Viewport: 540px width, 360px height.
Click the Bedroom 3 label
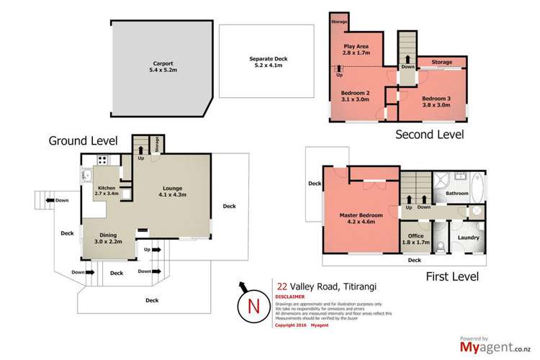point(436,101)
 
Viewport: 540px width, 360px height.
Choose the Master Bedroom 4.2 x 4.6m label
point(361,218)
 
